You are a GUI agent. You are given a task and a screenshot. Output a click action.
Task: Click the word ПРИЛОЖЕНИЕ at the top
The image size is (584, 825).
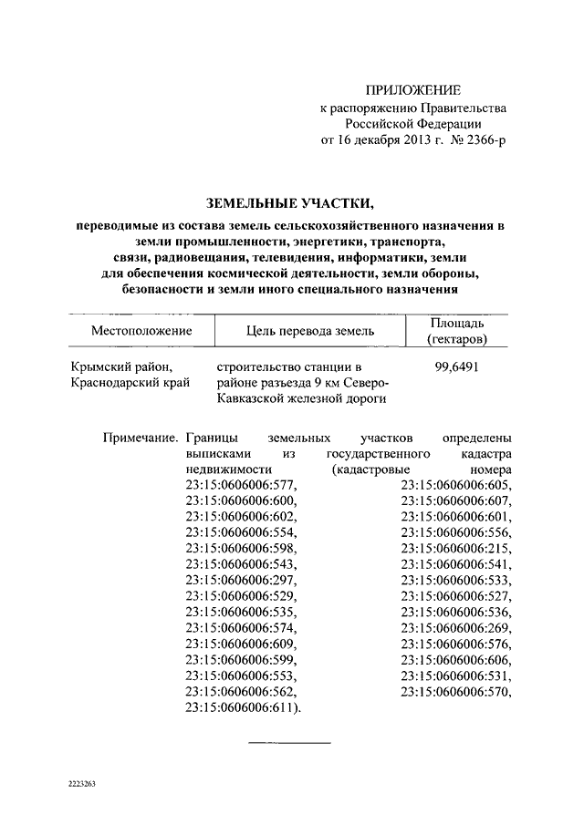pos(413,89)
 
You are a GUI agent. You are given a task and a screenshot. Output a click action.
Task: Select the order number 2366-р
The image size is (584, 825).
pos(481,141)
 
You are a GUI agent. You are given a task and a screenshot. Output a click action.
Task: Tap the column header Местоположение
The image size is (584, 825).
pos(141,330)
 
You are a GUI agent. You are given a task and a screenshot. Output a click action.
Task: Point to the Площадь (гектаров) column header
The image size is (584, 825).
pos(457,331)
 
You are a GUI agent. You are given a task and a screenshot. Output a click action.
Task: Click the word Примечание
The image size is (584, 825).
pos(140,437)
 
